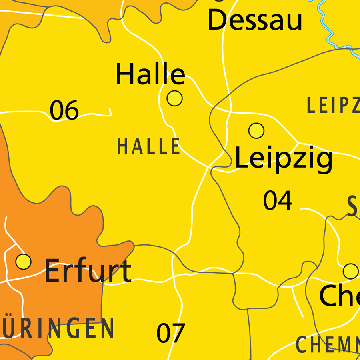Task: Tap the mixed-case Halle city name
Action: point(150,74)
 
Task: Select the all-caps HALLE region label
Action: point(148,146)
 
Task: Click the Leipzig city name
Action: point(283,158)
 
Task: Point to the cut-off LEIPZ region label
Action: point(333,106)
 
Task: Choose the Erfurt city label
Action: point(88,271)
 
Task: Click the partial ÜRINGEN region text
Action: point(58,328)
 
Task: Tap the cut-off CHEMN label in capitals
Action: point(327,345)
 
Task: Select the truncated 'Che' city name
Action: point(339,296)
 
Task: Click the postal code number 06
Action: point(64,110)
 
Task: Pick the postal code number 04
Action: point(278,201)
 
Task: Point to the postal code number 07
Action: point(170,333)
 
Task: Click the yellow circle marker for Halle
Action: point(174,98)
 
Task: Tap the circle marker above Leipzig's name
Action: point(256,130)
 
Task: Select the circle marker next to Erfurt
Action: point(23,262)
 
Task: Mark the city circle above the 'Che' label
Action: point(351,271)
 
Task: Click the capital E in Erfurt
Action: point(52,271)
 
